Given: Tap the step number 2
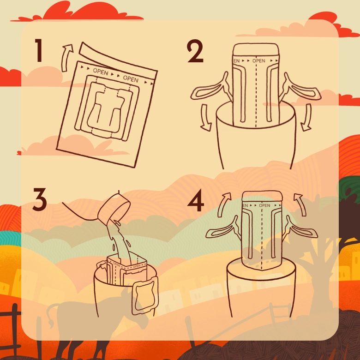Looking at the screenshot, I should point(195,52).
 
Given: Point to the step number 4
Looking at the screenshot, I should point(196,200).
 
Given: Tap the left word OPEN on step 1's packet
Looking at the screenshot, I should point(101,72).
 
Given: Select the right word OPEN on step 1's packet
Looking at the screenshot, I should point(131,78).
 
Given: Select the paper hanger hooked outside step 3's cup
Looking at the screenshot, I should point(145,295).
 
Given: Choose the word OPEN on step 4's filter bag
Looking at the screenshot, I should point(264,205).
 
